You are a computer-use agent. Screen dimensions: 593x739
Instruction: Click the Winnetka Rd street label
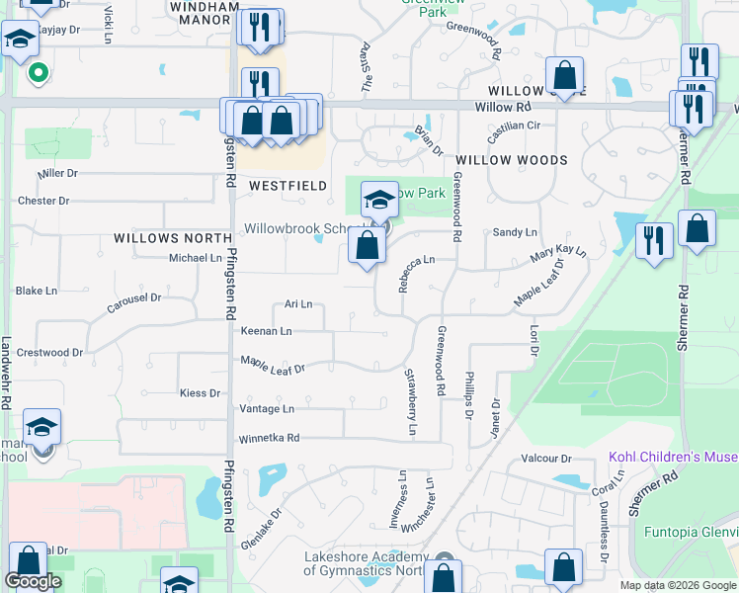267,438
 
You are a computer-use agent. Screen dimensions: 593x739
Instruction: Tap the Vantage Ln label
267,408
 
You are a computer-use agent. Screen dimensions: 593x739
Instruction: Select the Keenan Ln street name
266,331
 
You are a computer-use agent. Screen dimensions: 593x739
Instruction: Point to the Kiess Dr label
200,393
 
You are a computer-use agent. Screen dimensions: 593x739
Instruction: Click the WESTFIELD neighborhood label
287,185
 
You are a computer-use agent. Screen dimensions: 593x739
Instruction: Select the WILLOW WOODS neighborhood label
511,159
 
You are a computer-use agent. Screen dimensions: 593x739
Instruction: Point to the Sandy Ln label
515,232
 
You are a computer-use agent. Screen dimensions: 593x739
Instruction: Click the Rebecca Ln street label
416,274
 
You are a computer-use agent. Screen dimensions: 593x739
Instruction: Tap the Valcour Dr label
546,459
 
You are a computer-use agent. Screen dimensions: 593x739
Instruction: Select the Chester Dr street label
43,201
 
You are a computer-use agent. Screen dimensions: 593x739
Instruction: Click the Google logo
33,581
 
